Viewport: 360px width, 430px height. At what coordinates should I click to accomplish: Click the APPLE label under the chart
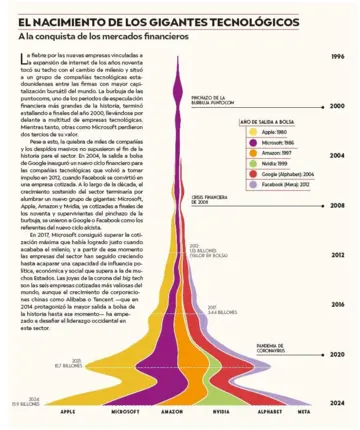[x=68, y=411]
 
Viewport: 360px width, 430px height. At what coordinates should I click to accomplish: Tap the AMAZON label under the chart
[x=171, y=411]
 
